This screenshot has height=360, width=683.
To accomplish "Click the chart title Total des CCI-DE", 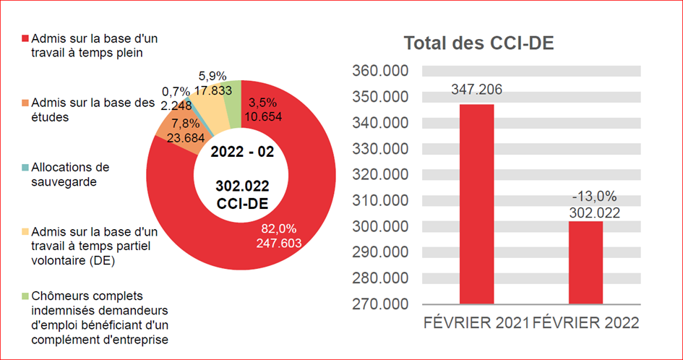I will point(478,43).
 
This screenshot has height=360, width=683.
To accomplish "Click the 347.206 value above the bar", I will point(477,90).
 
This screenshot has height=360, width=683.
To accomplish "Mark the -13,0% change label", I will point(585,197).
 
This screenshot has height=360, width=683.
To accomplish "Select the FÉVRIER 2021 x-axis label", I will point(476,323).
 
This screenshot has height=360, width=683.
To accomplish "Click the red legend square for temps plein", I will point(26,38).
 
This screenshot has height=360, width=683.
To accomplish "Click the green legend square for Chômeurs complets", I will point(26,296).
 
